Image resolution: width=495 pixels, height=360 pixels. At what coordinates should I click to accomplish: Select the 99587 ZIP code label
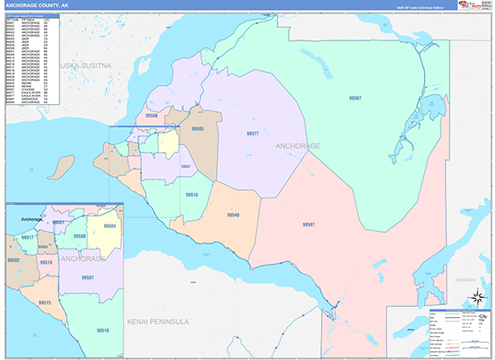pyautogui.click(x=309, y=225)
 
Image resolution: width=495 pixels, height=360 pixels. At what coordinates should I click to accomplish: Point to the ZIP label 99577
pyautogui.click(x=252, y=133)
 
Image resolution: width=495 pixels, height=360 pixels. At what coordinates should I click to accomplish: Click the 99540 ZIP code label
pyautogui.click(x=233, y=215)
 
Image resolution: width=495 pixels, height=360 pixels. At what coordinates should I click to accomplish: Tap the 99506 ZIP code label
pyautogui.click(x=151, y=116)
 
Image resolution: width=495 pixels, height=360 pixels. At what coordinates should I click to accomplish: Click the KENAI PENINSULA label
pyautogui.click(x=158, y=320)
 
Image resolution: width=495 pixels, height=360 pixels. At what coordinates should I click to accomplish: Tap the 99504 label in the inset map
pyautogui.click(x=109, y=225)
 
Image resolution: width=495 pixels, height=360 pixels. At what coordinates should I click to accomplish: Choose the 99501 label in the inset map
pyautogui.click(x=58, y=223)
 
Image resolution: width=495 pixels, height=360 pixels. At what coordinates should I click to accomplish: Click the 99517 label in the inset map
pyautogui.click(x=27, y=238)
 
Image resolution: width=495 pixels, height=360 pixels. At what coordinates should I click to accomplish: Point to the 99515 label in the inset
pyautogui.click(x=45, y=303)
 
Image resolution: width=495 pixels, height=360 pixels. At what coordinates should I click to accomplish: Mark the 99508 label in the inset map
pyautogui.click(x=79, y=236)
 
